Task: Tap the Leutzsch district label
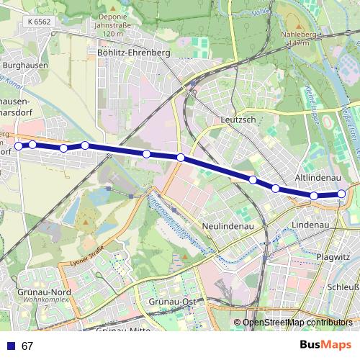(x=239, y=120)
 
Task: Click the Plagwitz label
(x=333, y=256)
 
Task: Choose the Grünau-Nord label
(x=43, y=293)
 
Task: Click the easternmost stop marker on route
(x=341, y=193)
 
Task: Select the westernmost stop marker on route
(x=19, y=146)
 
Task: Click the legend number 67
(x=27, y=346)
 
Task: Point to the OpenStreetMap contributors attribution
(x=297, y=323)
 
